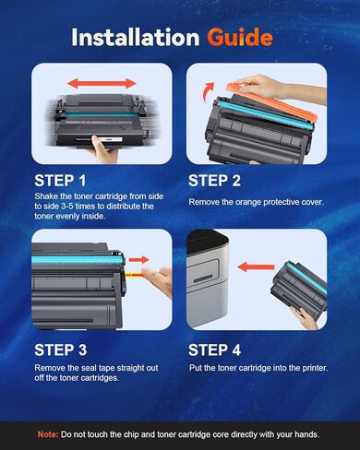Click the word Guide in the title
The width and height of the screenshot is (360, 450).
pos(239,37)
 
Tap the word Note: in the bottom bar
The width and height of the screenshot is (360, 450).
pos(48,432)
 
